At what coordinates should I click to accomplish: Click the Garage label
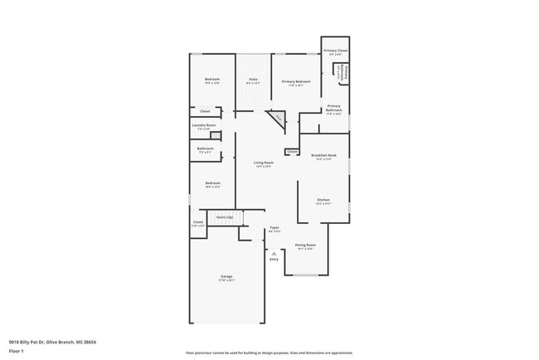point(226,276)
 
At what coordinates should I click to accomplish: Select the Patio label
point(253,80)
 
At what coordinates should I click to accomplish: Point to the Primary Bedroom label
point(296,82)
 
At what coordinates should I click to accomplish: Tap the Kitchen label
point(323,200)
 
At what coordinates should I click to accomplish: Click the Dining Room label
point(305,246)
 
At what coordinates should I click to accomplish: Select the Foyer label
point(274,227)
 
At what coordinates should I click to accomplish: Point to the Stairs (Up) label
point(224,217)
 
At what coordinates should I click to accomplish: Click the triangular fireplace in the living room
point(276,120)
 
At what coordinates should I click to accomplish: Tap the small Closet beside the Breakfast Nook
point(292,152)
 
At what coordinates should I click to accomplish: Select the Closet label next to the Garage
point(198,222)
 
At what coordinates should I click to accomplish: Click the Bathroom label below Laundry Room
point(205,150)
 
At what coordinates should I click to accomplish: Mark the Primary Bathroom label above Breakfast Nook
point(333,108)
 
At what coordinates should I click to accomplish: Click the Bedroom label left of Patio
point(212,80)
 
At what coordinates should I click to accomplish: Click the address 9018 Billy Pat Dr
point(30,341)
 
